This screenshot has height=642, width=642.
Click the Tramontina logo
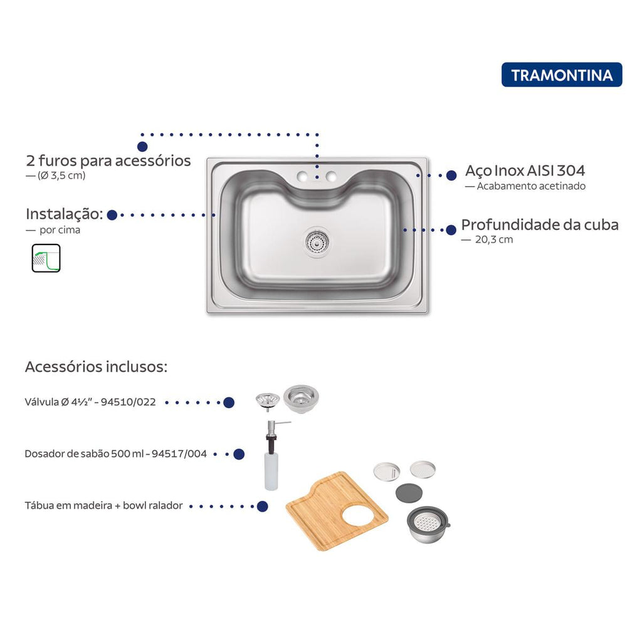click(561, 75)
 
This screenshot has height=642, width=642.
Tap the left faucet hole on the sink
click(303, 177)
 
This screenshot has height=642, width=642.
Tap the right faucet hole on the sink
click(331, 177)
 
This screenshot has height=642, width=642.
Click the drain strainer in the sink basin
click(317, 241)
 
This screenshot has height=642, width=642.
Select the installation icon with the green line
click(46, 258)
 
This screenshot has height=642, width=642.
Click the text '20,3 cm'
click(494, 239)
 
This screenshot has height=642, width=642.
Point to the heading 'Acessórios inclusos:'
click(96, 366)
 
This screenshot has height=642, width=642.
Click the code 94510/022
click(129, 402)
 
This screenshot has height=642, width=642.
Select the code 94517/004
click(179, 454)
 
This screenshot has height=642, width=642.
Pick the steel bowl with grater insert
click(428, 525)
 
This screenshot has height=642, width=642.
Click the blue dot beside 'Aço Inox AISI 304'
click(451, 176)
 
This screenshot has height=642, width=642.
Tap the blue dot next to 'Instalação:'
click(112, 214)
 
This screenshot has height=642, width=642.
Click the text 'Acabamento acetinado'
click(531, 186)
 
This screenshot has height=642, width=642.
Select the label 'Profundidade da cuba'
click(540, 224)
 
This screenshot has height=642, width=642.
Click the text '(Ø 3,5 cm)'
click(61, 176)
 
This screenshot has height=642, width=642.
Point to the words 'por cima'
click(60, 230)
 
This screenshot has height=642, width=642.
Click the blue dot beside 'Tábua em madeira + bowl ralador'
click(262, 506)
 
